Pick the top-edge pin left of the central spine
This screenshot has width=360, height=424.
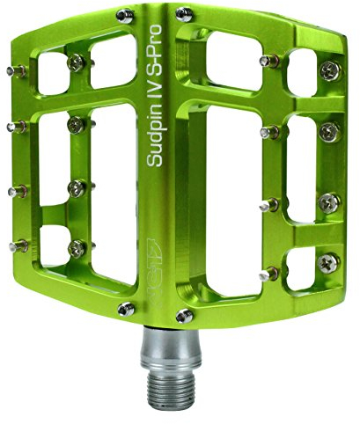pyautogui.click(x=125, y=14)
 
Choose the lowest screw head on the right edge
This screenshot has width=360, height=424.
pyautogui.click(x=328, y=261)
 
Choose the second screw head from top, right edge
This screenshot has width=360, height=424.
pyautogui.click(x=328, y=131)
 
